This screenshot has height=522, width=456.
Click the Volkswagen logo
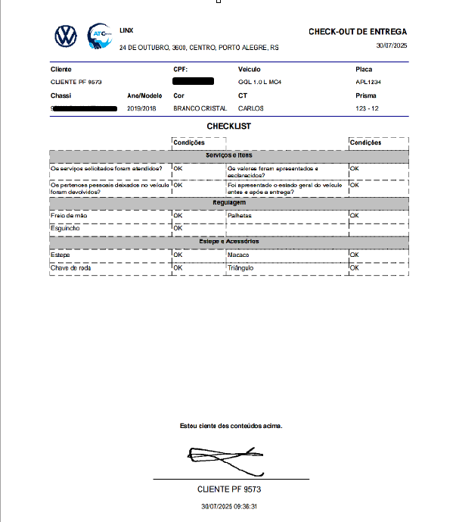coord(67,36)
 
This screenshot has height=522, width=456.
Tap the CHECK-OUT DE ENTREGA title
coord(357,32)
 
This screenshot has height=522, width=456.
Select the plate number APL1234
coord(369,81)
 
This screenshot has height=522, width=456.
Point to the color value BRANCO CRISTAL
coord(194,108)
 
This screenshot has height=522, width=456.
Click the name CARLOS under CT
coord(251,108)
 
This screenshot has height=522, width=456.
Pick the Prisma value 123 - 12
coord(368,108)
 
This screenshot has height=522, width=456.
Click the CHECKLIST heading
coord(228,126)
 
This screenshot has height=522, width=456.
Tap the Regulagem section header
coord(228,203)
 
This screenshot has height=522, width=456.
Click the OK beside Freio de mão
coord(178,215)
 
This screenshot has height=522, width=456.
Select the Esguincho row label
coord(65,227)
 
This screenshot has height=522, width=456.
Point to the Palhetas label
coord(239,215)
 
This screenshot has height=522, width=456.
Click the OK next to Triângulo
coord(354,267)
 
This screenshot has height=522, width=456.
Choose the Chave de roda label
coord(70,267)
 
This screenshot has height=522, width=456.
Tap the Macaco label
coord(238,255)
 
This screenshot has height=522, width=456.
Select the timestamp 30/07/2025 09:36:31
coord(229,507)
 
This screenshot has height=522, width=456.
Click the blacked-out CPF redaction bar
coord(194,80)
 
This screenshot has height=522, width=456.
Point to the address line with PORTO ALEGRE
coord(199,47)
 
